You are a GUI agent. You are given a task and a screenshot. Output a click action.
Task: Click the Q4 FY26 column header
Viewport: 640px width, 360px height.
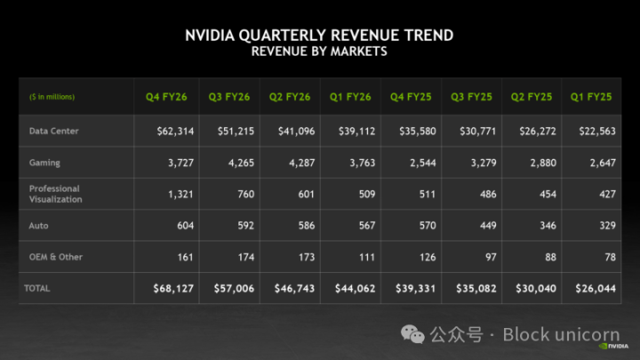(166, 97)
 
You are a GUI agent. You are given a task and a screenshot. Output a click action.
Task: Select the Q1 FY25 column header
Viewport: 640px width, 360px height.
(591, 97)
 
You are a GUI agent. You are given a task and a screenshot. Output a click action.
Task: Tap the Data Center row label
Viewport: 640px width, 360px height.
(53, 131)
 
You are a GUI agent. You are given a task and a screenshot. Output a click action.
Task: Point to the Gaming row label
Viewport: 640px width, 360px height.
(44, 163)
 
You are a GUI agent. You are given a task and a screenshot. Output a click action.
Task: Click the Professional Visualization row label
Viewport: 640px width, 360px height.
(54, 194)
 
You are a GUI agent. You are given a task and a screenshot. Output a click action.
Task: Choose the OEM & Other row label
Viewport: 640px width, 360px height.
(55, 257)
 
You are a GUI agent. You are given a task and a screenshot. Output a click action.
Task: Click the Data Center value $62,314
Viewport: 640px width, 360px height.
(173, 131)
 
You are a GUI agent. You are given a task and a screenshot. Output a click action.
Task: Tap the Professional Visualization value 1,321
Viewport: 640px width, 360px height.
(180, 194)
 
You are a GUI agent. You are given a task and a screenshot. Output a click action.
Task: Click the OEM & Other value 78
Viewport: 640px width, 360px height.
(610, 257)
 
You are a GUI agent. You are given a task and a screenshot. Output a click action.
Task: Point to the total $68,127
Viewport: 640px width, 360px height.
(173, 288)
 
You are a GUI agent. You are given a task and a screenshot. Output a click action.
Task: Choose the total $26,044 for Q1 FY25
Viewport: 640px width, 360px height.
(595, 288)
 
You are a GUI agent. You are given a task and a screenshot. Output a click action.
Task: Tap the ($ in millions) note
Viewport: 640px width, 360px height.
(52, 97)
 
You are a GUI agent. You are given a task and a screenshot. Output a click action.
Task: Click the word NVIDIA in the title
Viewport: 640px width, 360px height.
(211, 36)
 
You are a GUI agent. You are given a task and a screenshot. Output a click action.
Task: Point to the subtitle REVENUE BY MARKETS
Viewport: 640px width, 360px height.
(319, 52)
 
